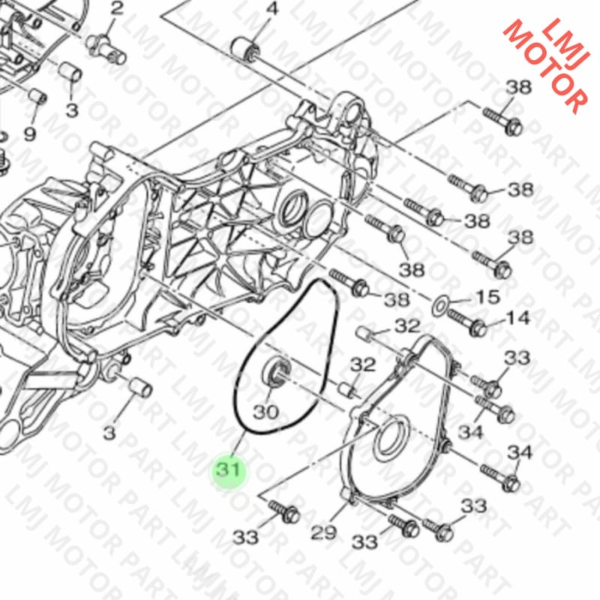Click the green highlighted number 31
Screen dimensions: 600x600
coord(229,469)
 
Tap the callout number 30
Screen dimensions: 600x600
coord(266,412)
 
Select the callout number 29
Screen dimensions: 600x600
coord(324,532)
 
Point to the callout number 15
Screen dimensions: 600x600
coord(487,297)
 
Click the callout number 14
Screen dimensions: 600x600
coord(517,318)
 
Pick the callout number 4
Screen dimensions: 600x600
coord(272,8)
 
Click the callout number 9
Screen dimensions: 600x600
coord(29,133)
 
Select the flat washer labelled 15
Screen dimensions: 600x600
coord(441,306)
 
